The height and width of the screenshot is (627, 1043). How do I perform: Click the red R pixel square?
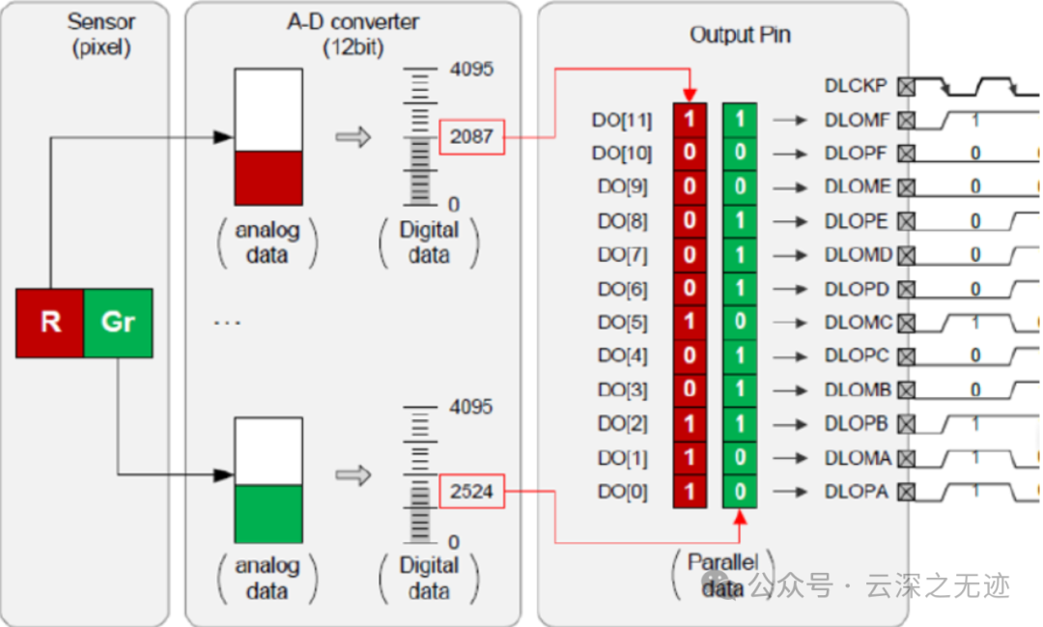(x=50, y=322)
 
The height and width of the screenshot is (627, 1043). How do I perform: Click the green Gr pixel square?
(x=118, y=322)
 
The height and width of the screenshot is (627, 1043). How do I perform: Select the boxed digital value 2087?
(x=471, y=137)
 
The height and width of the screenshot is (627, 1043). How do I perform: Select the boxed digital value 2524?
(x=471, y=492)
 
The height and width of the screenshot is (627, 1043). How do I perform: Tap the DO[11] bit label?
(x=624, y=121)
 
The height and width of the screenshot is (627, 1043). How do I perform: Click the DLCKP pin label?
(x=856, y=86)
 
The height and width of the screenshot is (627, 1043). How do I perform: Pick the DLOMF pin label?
(x=856, y=121)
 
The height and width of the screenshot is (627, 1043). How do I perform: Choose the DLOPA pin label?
(x=856, y=492)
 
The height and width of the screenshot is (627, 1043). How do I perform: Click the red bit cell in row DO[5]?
(x=690, y=323)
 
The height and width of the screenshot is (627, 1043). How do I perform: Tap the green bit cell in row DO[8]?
(x=740, y=221)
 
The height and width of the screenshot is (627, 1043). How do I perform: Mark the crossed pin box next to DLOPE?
(x=906, y=221)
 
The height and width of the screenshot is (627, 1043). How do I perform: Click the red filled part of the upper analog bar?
(x=268, y=177)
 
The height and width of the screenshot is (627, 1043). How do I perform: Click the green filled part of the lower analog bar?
(x=268, y=513)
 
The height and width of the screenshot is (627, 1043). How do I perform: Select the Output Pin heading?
(x=740, y=35)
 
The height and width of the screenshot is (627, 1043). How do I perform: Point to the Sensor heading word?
(x=99, y=19)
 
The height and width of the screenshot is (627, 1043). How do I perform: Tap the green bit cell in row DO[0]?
(x=740, y=492)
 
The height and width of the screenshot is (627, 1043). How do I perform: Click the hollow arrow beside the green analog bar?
(x=352, y=474)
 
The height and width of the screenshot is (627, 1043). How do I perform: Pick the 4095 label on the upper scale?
(x=471, y=70)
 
